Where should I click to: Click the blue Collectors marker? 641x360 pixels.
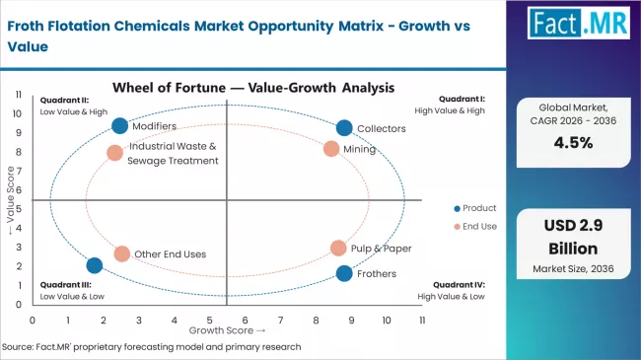(x=343, y=127)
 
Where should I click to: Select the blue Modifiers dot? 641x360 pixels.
(x=119, y=125)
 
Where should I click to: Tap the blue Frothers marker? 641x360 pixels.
(x=343, y=273)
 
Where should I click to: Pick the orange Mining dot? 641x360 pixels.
(x=331, y=149)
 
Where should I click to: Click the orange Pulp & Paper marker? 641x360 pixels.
(x=338, y=249)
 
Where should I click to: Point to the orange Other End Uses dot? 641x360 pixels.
(x=121, y=253)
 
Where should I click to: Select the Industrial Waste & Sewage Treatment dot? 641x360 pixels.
(x=114, y=153)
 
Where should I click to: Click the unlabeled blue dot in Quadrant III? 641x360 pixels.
(x=95, y=265)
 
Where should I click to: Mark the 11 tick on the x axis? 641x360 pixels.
(x=422, y=321)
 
